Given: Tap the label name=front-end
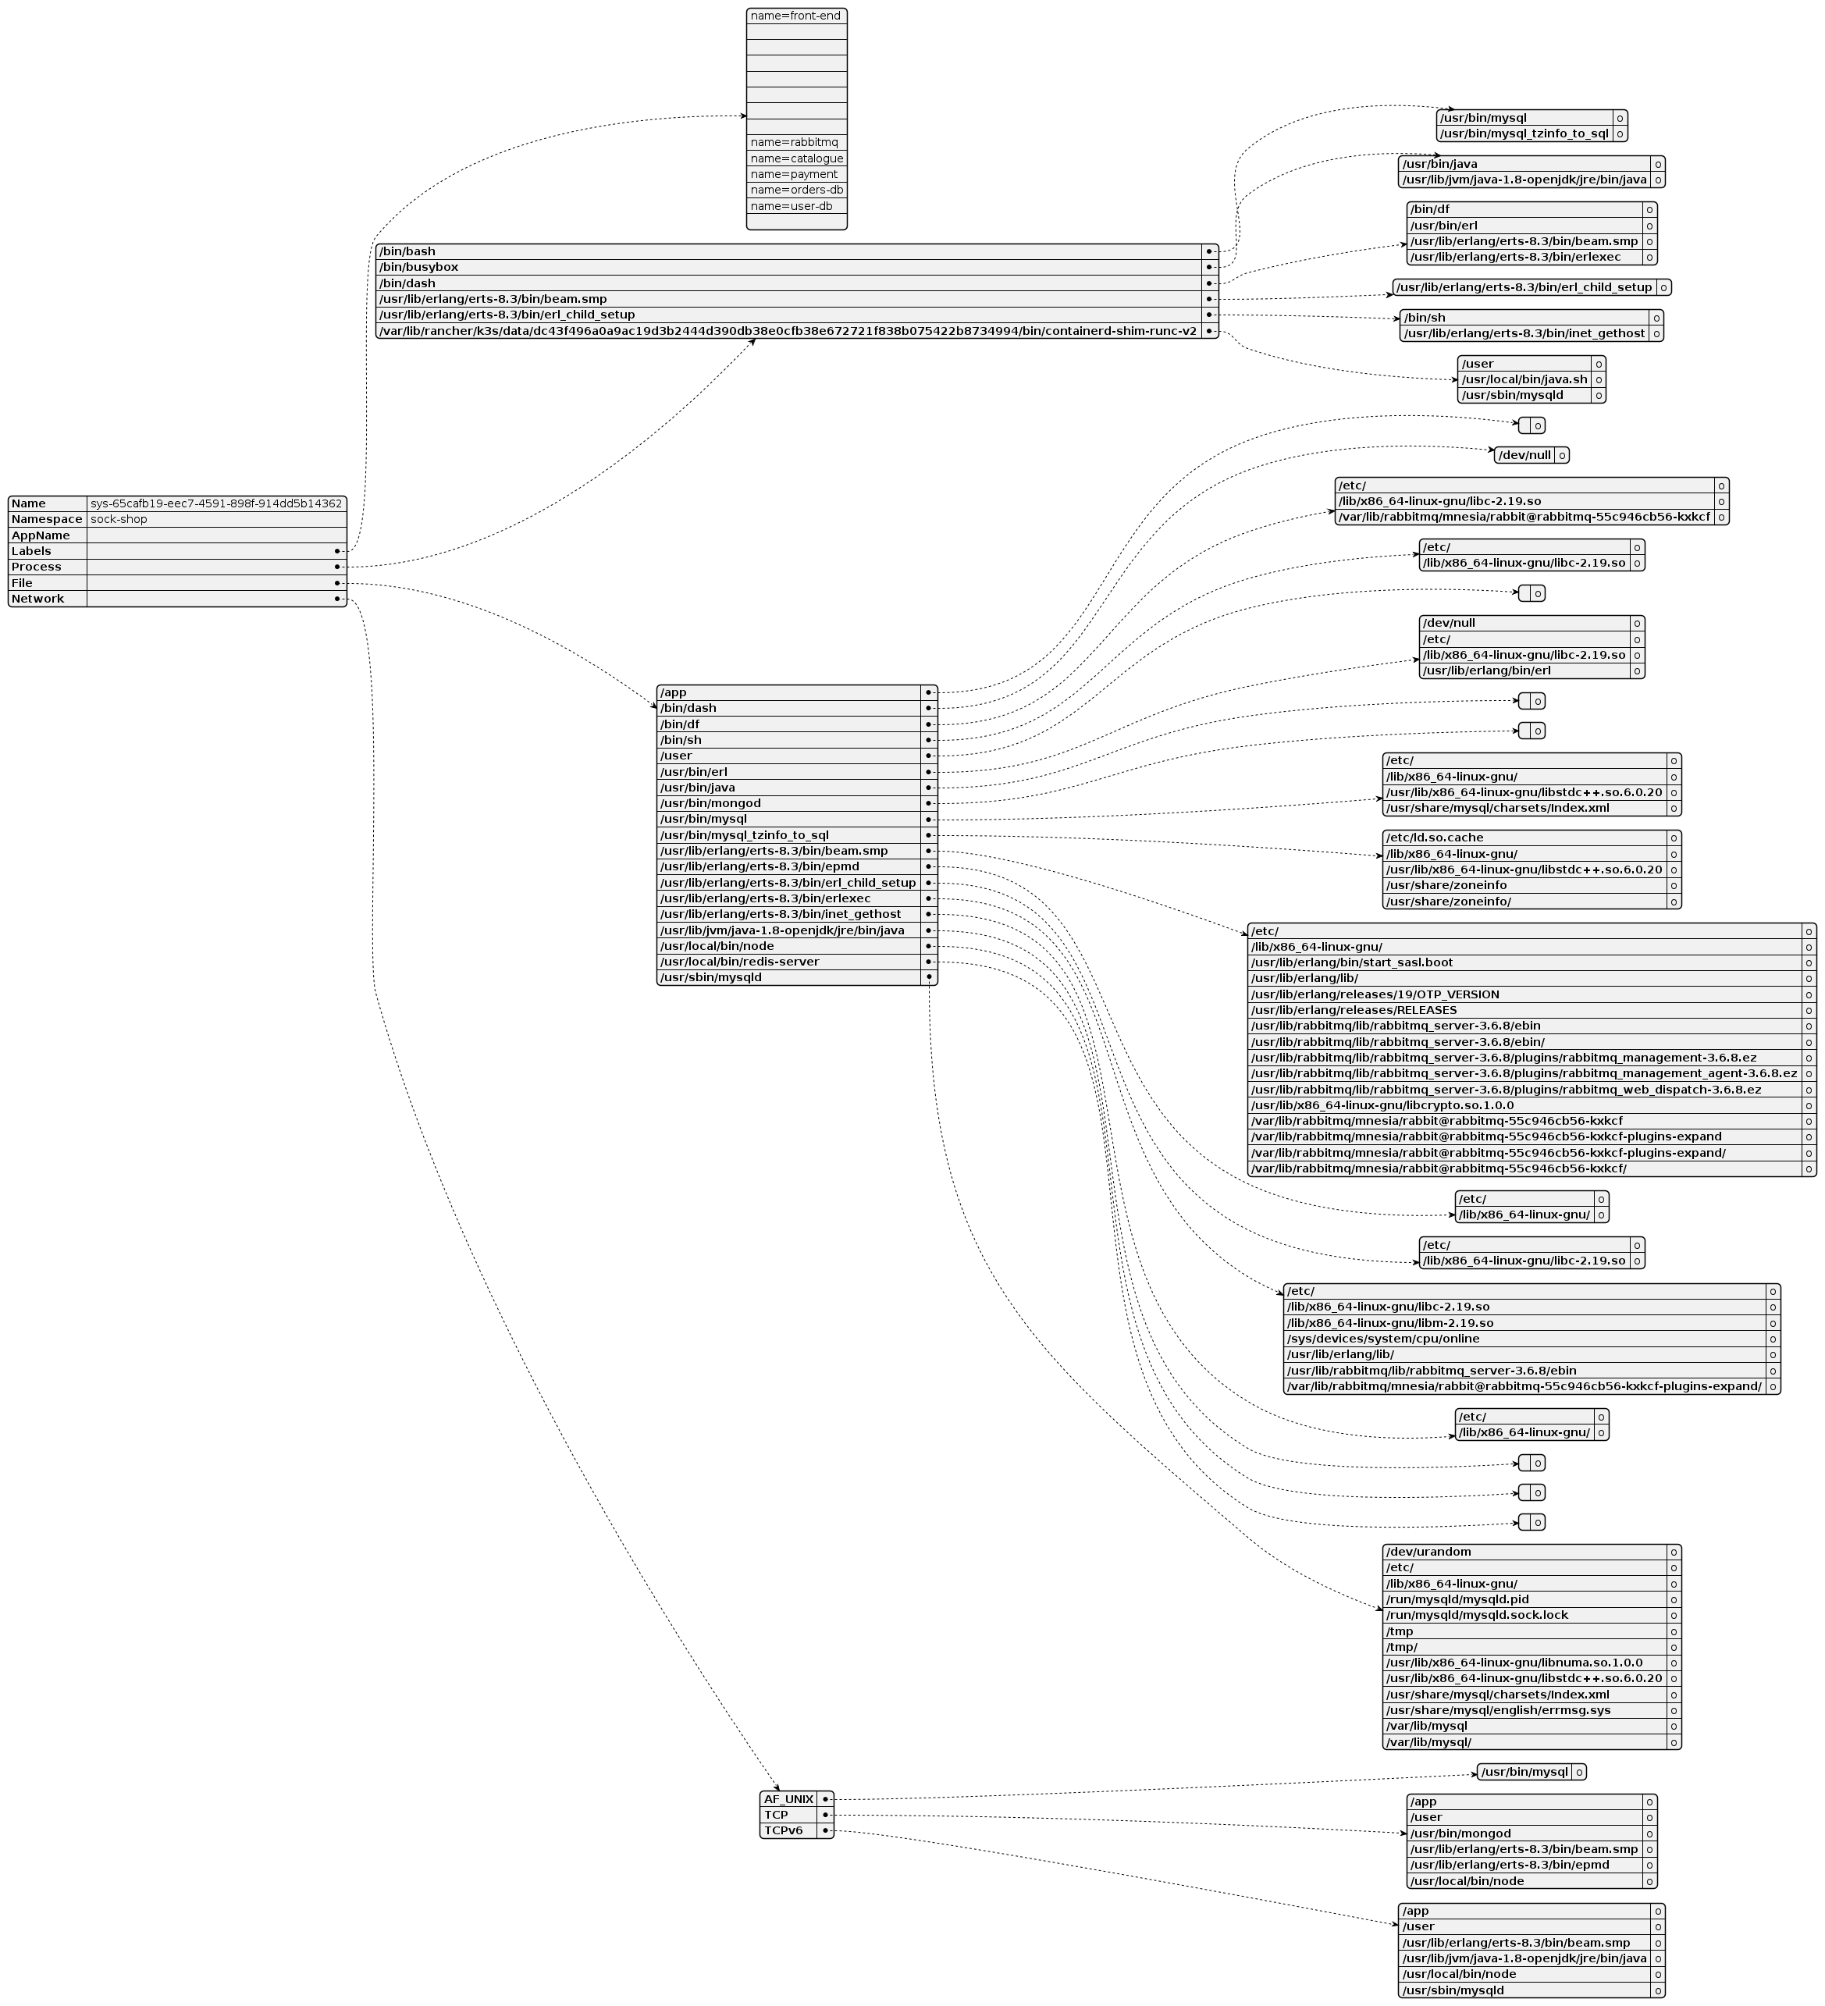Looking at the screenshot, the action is click(795, 16).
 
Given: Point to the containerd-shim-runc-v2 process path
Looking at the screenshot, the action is click(787, 330).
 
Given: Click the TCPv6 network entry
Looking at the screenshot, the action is click(783, 1831).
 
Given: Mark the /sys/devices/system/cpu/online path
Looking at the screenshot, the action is click(1382, 1339).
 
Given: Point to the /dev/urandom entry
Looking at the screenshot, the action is click(1428, 1551).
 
